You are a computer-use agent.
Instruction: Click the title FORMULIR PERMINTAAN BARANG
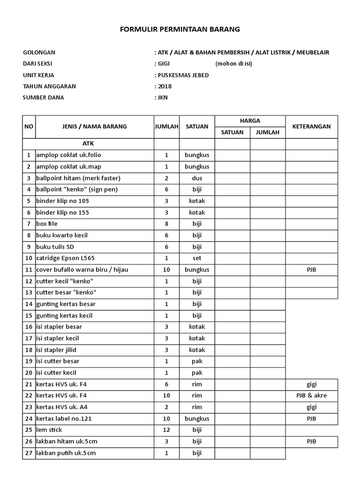[x=180, y=29]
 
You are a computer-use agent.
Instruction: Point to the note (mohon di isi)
[x=234, y=64]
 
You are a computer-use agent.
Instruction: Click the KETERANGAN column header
[x=311, y=127]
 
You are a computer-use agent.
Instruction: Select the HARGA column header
[x=250, y=121]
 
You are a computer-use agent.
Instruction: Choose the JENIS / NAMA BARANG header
[x=95, y=127]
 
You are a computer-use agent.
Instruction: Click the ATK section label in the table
[x=88, y=143]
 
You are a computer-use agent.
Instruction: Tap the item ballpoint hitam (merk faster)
[x=78, y=178]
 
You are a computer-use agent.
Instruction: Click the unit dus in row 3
[x=197, y=178]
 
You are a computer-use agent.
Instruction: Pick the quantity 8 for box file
[x=166, y=224]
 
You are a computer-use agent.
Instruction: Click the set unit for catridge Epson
[x=197, y=258]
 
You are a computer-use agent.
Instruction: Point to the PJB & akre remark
[x=312, y=396]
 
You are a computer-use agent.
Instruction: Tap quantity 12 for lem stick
[x=166, y=430]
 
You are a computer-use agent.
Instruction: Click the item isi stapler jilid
[x=56, y=350]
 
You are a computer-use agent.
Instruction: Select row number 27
[x=29, y=453]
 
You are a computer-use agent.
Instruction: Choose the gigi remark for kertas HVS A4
[x=312, y=407]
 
